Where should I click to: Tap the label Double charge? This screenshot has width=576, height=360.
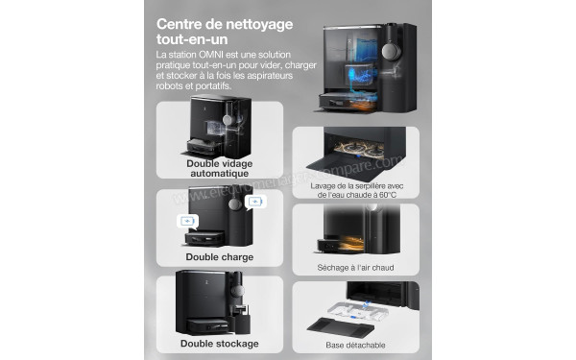[220, 257]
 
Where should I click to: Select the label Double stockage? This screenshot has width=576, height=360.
[219, 343]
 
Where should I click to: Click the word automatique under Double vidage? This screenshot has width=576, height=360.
[220, 174]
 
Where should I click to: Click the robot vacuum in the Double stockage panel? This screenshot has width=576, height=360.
[197, 320]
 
